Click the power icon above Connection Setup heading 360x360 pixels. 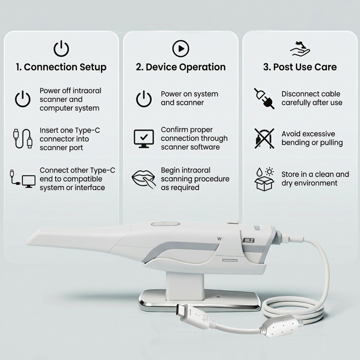[x=61, y=49]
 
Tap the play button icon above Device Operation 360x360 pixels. [x=181, y=48]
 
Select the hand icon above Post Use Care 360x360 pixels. [x=300, y=49]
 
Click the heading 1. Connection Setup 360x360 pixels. [x=61, y=67]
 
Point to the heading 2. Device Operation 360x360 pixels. [x=181, y=67]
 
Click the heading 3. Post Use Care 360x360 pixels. [x=300, y=67]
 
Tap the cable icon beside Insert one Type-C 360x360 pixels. [x=22, y=139]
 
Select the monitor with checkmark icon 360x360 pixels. [x=144, y=139]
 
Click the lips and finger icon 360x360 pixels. [x=144, y=179]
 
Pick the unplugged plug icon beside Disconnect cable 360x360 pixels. [x=264, y=98]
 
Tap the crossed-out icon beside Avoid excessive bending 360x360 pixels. [x=264, y=138]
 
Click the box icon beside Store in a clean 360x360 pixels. [x=264, y=179]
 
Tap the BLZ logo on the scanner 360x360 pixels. [x=248, y=240]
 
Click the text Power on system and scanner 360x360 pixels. [x=189, y=98]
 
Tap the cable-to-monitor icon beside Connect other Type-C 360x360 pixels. [x=22, y=179]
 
